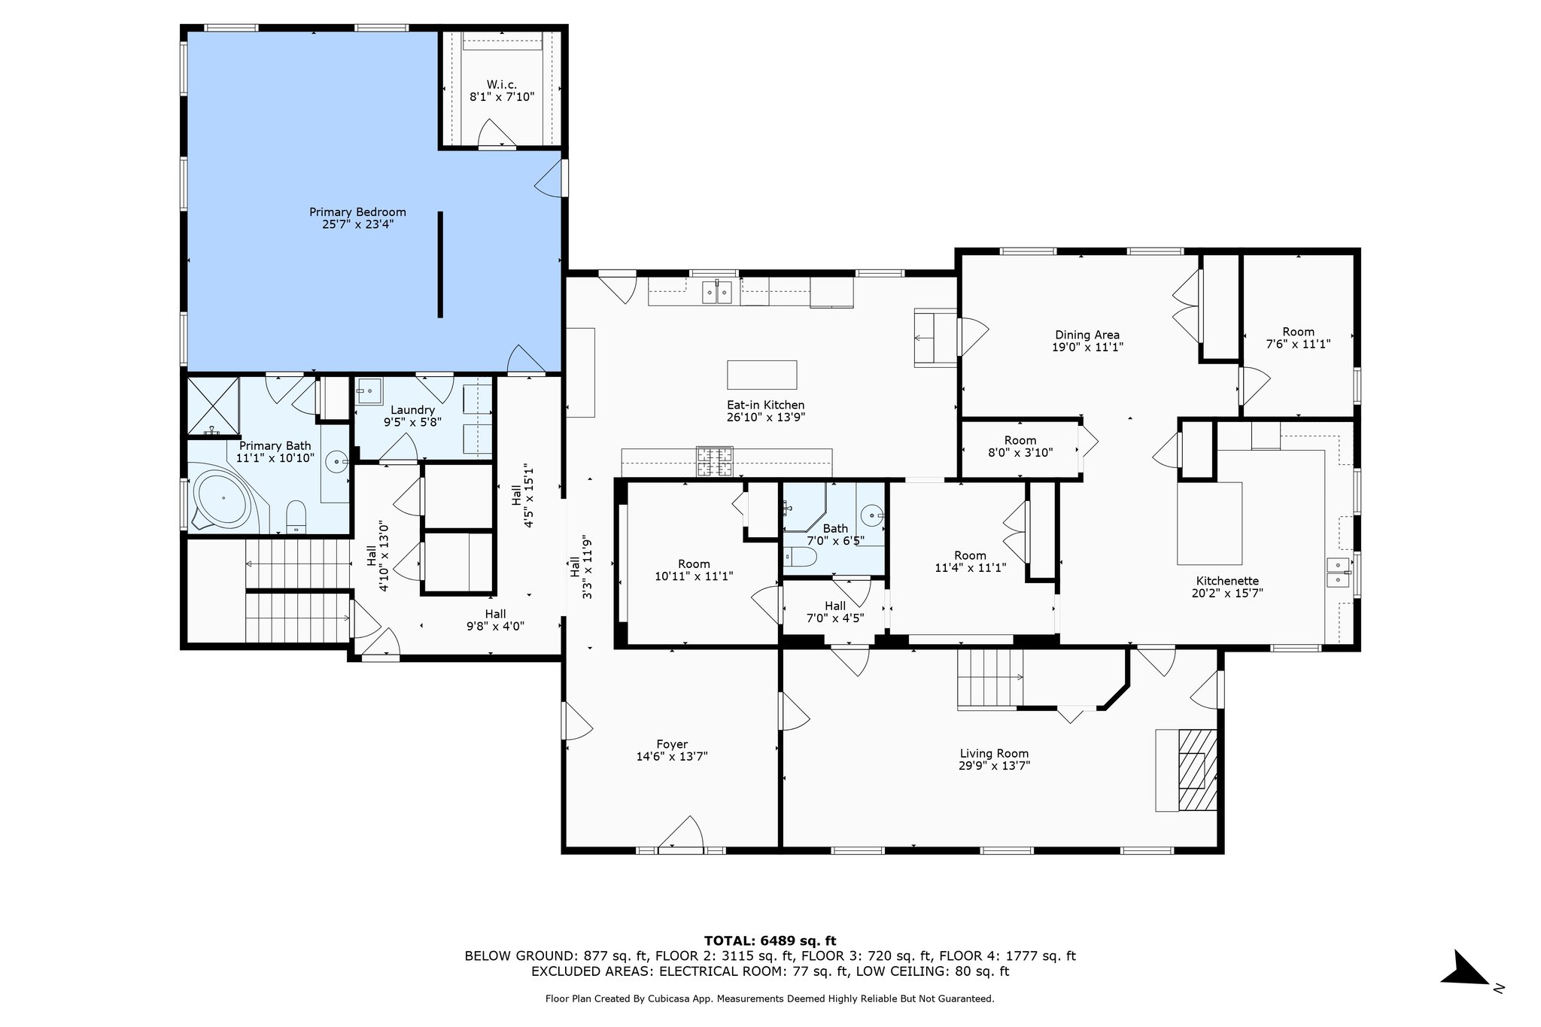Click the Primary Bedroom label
coord(357,212)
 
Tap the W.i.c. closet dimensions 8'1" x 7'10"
coord(501,96)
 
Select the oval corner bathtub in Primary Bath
coord(223,498)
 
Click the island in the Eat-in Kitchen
coord(761,375)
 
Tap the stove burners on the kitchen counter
coord(714,462)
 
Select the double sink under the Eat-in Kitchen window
coord(717,292)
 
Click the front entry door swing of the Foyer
coord(682,834)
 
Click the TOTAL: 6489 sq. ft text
coord(770,940)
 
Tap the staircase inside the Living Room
coord(989,679)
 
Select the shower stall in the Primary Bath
coord(212,405)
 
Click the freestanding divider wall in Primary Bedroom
coord(440,264)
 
